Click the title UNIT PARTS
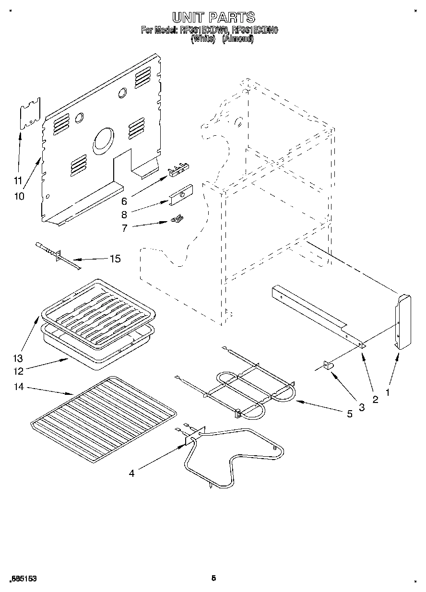[x=213, y=18]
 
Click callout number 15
[x=115, y=259]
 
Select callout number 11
[x=18, y=181]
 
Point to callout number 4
[x=131, y=473]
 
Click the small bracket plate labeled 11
[x=30, y=114]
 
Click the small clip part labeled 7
[x=177, y=219]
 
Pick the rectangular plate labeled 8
[x=180, y=193]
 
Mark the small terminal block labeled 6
[x=178, y=168]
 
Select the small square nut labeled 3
[x=329, y=366]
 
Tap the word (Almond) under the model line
[x=237, y=39]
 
